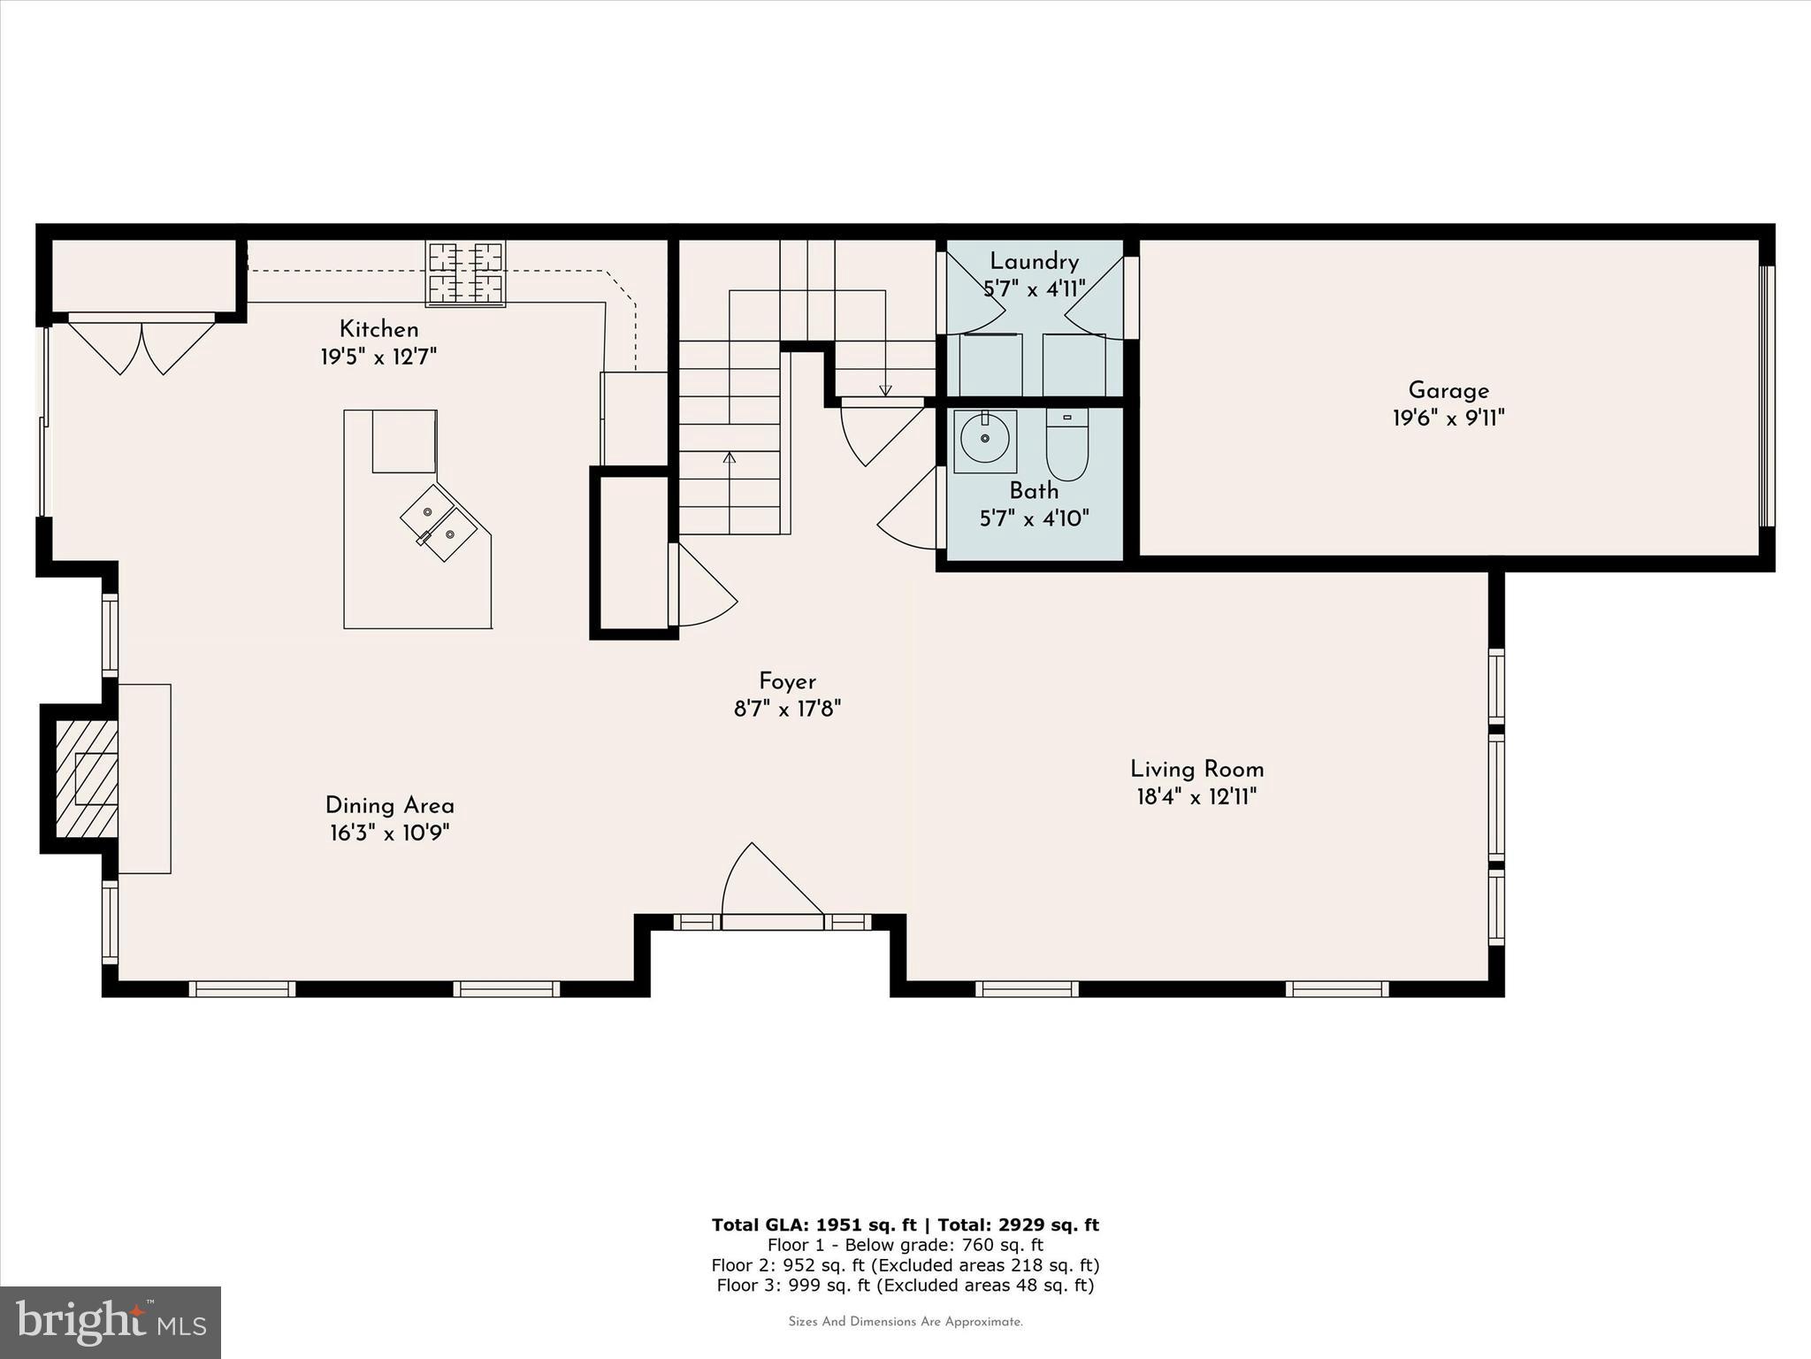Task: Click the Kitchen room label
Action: [378, 330]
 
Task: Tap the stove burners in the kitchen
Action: [465, 273]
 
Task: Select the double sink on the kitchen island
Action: [438, 523]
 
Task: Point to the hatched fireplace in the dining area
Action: [87, 779]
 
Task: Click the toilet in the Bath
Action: [1067, 443]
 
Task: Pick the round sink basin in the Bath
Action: [984, 439]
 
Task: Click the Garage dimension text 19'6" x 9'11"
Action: [1448, 418]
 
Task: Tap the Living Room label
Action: [1196, 769]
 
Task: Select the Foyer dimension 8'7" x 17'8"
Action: [787, 709]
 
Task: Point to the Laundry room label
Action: [1034, 262]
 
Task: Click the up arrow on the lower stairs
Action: [730, 458]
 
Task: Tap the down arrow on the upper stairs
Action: [885, 389]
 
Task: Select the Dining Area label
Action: [389, 806]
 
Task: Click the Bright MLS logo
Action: [111, 1322]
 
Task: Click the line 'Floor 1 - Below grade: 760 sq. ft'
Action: [905, 1245]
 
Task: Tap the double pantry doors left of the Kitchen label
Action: [141, 347]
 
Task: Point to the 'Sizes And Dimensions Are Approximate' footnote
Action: [905, 1322]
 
